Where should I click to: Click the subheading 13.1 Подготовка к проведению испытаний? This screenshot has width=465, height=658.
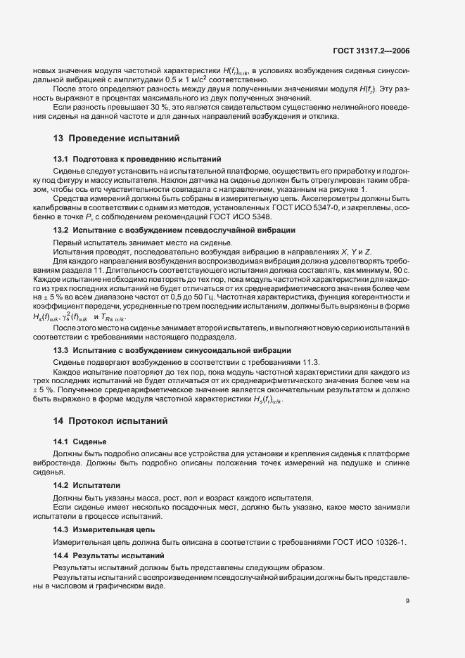[x=137, y=160]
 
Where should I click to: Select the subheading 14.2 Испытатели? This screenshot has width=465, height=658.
[x=87, y=485]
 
